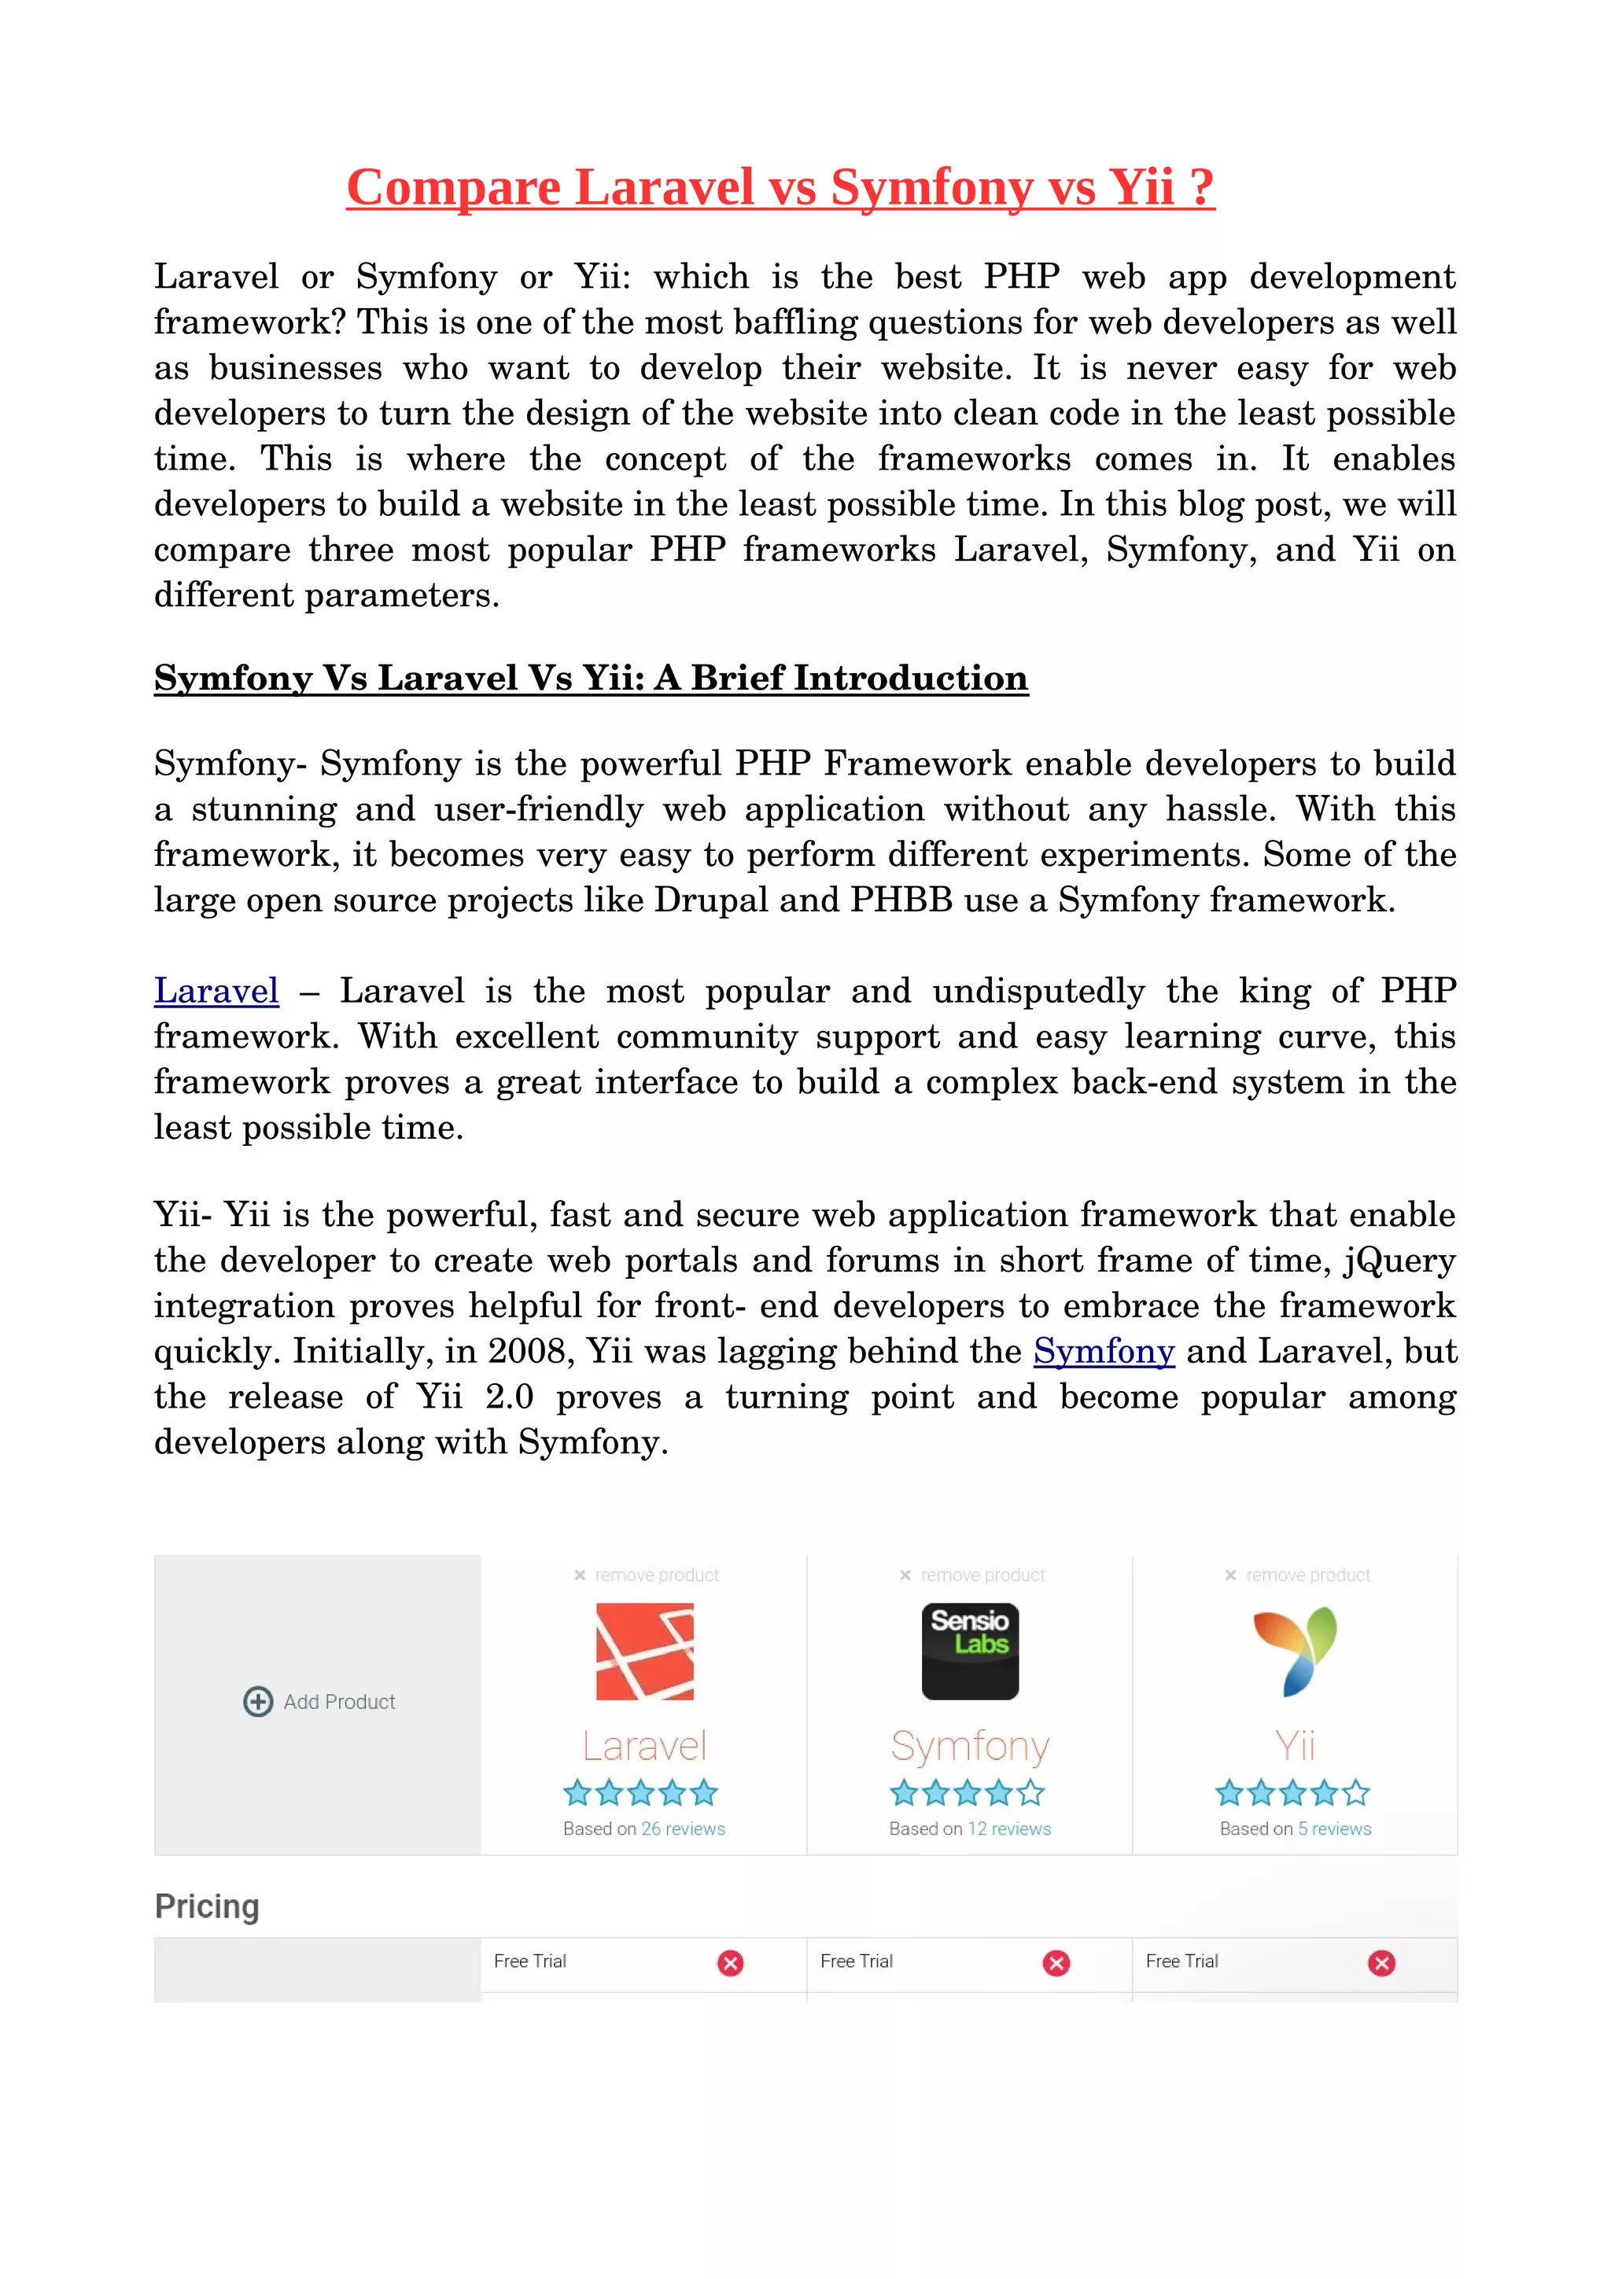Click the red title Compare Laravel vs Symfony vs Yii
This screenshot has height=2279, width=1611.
[780, 188]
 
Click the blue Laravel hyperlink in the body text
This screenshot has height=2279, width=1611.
[216, 991]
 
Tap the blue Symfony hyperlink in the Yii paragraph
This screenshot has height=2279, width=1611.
[1104, 1351]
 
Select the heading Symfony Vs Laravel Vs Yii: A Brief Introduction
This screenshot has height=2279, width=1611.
[591, 678]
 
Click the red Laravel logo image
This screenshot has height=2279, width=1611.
[644, 1651]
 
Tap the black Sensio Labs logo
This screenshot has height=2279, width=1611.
[970, 1651]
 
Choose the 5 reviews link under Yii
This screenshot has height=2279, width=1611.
[1334, 1828]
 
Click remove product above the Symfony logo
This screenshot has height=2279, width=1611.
[982, 1575]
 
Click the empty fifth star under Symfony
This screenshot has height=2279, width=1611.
[1031, 1793]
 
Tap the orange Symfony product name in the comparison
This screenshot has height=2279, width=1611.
[970, 1746]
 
